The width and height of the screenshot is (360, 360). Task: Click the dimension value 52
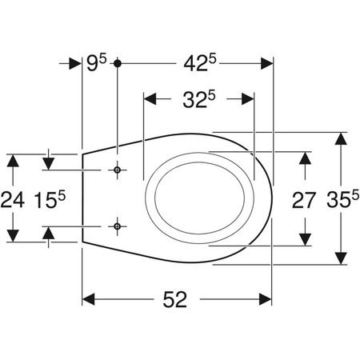click(x=175, y=299)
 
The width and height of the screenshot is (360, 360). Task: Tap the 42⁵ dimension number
click(x=200, y=63)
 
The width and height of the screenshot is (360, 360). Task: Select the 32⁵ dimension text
click(x=199, y=99)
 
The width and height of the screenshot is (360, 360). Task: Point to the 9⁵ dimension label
click(x=97, y=62)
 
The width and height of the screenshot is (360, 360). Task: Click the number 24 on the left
click(x=12, y=200)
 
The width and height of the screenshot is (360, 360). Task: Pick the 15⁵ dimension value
click(x=50, y=200)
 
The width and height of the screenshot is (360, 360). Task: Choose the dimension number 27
click(x=304, y=200)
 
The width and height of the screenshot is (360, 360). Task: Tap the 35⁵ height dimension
click(x=343, y=199)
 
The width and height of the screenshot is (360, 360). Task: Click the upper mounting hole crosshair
click(x=117, y=170)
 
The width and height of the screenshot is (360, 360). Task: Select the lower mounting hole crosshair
click(x=117, y=226)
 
